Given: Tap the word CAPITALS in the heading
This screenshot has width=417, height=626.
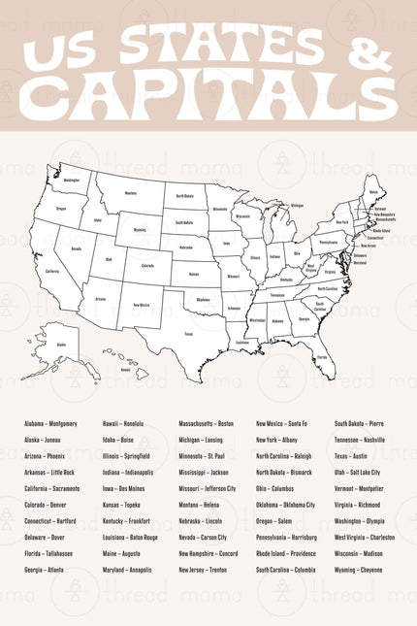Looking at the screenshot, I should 208,94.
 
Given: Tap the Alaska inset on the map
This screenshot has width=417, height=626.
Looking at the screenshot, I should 61,345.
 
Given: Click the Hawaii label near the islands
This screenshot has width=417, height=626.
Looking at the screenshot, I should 126,369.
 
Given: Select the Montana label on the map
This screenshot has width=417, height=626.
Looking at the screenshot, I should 131,193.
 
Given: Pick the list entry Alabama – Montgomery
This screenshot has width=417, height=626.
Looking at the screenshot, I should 50,424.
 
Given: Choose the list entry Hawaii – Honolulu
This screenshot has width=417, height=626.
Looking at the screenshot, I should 123,424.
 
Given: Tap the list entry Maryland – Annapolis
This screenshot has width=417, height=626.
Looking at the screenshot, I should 127,570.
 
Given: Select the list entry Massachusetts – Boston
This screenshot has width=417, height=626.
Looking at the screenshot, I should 206,424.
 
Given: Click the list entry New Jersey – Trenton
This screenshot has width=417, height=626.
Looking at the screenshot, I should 203,570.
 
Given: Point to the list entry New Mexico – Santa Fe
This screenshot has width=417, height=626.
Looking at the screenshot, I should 281,424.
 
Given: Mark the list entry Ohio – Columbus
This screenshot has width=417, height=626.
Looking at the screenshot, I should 274,488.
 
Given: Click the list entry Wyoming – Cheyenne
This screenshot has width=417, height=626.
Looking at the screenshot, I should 358,570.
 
